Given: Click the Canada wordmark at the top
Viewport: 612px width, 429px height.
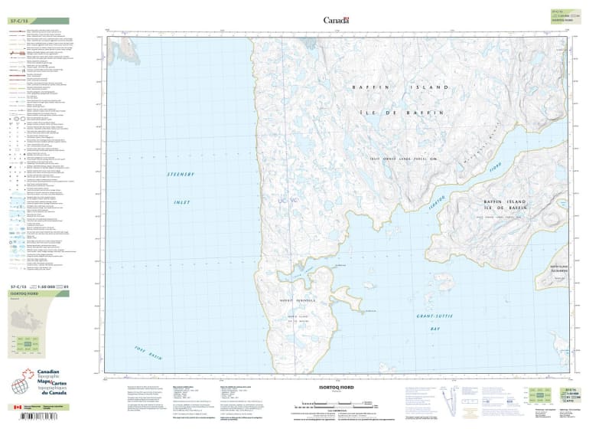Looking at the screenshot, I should (x=336, y=21).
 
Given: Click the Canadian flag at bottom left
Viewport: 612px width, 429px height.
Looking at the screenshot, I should (x=17, y=408).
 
